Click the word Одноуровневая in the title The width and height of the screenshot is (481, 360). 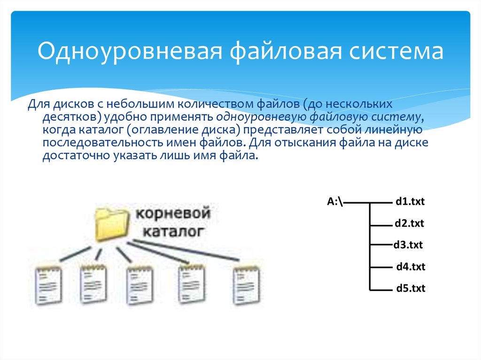tap(130, 51)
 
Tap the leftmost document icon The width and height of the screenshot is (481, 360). tap(48, 286)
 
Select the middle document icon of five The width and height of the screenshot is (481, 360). tap(140, 285)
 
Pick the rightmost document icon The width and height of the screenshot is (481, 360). tap(246, 286)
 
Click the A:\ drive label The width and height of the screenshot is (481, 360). tap(335, 201)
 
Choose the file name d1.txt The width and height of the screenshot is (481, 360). tap(410, 201)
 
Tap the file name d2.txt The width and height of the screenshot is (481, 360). tap(409, 223)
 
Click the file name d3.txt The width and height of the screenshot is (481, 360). tap(408, 245)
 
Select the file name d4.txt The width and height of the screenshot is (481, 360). tap(411, 267)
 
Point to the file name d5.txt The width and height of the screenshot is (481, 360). tap(411, 288)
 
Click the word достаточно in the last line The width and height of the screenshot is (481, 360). tap(77, 156)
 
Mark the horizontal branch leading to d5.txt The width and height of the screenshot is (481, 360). tap(381, 290)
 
